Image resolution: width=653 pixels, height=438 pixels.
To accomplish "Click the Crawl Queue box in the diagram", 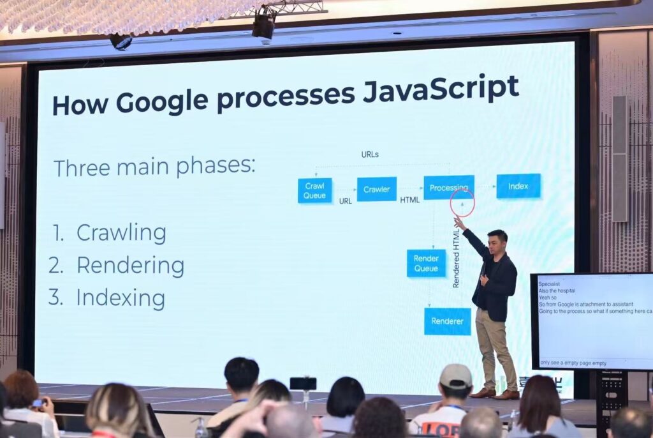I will point(314,191).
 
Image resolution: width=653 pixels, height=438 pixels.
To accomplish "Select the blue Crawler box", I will point(376,189).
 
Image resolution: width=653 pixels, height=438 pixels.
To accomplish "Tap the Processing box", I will point(448,188).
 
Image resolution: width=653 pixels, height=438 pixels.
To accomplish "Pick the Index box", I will point(518,186).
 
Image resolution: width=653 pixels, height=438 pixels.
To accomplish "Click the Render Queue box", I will point(426,263).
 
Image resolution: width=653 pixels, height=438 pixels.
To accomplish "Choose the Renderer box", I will point(447,321).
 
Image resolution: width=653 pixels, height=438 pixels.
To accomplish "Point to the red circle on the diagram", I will point(462,202).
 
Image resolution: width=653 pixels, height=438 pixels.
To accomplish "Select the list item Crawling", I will point(121,233).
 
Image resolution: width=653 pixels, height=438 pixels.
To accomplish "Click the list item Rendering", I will point(130,266).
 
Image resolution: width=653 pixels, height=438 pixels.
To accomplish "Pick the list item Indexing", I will point(121,298).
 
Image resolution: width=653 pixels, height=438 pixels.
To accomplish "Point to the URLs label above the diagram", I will point(370,155).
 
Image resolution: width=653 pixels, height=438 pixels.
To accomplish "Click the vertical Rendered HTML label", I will point(456,256).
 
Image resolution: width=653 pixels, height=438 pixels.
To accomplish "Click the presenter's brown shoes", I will point(495,394).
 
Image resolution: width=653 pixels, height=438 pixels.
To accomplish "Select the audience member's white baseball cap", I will point(455,376).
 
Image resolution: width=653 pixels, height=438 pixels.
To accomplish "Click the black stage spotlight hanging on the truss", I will point(263,26).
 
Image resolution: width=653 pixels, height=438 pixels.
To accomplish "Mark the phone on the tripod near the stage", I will point(303,383).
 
